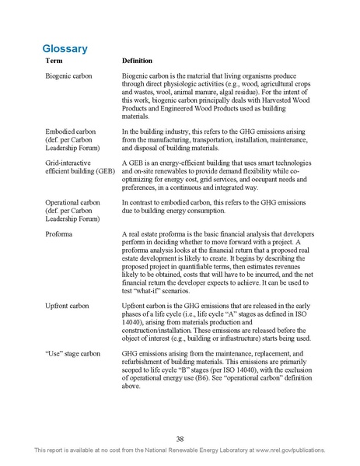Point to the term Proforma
pos(60,233)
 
